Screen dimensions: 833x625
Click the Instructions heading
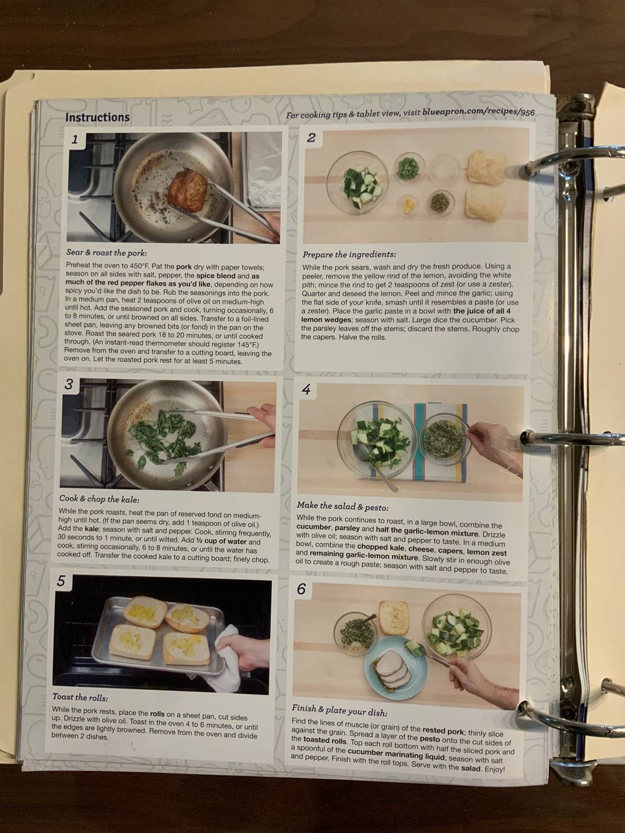click(x=97, y=117)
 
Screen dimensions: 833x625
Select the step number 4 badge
click(x=306, y=389)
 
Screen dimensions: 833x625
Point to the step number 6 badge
click(x=301, y=589)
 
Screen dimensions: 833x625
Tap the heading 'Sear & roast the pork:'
click(x=107, y=253)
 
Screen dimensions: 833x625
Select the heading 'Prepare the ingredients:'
click(x=349, y=254)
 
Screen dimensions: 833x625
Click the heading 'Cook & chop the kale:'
click(x=99, y=499)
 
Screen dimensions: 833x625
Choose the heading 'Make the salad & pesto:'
click(x=342, y=506)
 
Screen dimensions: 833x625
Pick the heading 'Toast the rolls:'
click(x=80, y=697)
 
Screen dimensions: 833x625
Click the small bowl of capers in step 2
click(x=441, y=201)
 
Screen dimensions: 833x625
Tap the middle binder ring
click(x=556, y=437)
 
